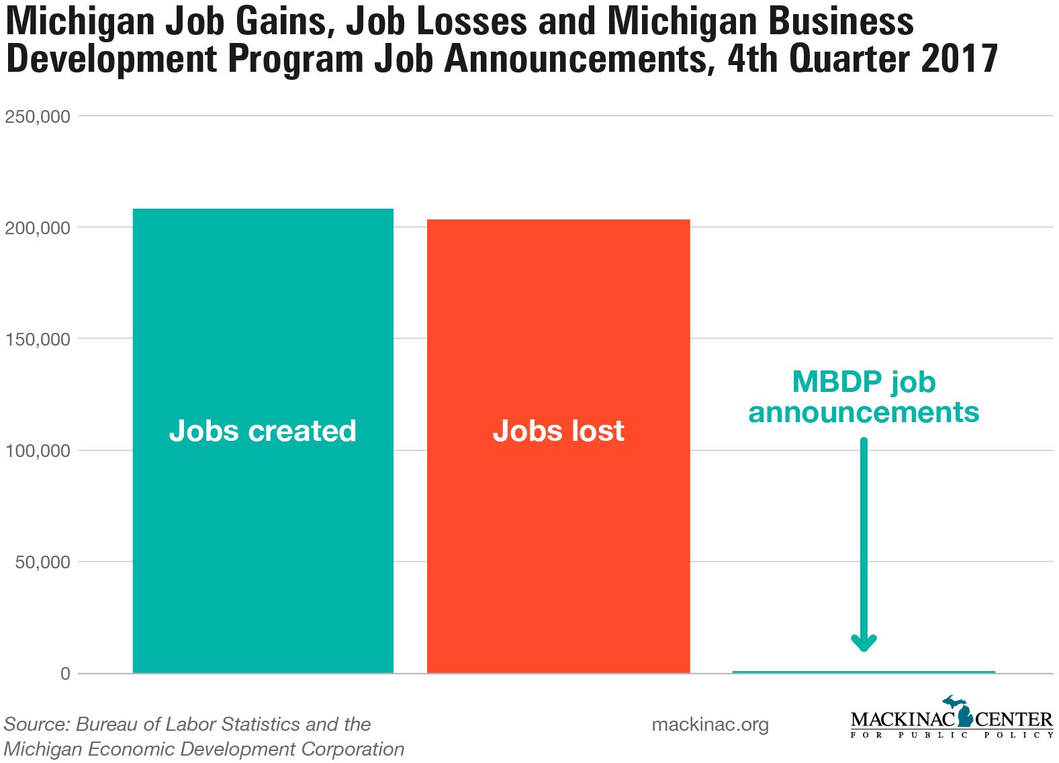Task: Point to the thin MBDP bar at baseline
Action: (864, 672)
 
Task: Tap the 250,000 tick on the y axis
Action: (38, 117)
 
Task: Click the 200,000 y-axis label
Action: (38, 228)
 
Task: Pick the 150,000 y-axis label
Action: (38, 340)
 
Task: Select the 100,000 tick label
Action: (38, 451)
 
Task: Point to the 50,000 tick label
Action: (43, 562)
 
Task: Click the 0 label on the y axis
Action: (65, 674)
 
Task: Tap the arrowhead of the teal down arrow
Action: (864, 644)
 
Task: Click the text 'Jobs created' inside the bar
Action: (263, 431)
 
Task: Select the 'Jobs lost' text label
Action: (558, 431)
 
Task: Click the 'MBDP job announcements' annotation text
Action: (864, 397)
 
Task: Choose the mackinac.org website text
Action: (710, 725)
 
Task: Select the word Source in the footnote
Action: (35, 725)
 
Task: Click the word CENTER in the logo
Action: (1013, 720)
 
